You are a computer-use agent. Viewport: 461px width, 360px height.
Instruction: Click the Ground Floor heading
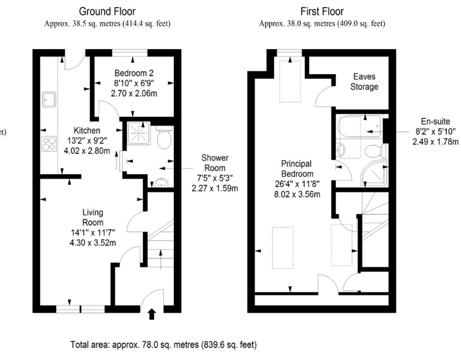[107, 11]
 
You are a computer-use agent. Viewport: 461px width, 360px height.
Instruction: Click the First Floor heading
[322, 11]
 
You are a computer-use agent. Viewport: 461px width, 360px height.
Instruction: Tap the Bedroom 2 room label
[134, 73]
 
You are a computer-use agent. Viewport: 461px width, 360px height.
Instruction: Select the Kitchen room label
[87, 130]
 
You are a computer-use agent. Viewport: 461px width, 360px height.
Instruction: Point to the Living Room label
[93, 217]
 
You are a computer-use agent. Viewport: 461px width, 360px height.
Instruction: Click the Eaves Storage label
[364, 81]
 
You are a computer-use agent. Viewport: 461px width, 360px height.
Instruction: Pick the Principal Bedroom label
[297, 169]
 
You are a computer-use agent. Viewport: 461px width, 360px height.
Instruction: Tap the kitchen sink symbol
[49, 99]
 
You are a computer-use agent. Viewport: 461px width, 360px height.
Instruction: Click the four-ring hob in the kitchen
[49, 144]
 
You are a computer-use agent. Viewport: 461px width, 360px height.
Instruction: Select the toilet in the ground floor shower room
[164, 138]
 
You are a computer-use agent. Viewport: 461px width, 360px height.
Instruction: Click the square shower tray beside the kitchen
[139, 133]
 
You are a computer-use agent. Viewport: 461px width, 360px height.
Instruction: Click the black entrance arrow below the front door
[151, 314]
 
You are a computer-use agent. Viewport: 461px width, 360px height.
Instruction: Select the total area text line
[163, 344]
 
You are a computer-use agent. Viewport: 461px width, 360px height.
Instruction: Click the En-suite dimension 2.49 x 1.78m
[435, 142]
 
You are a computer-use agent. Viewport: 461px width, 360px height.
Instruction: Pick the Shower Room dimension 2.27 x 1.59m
[215, 188]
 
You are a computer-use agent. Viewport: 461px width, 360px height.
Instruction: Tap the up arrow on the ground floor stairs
[160, 260]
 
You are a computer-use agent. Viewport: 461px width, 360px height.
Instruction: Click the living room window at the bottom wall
[80, 309]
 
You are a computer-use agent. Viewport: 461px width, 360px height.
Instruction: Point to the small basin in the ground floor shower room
[161, 182]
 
